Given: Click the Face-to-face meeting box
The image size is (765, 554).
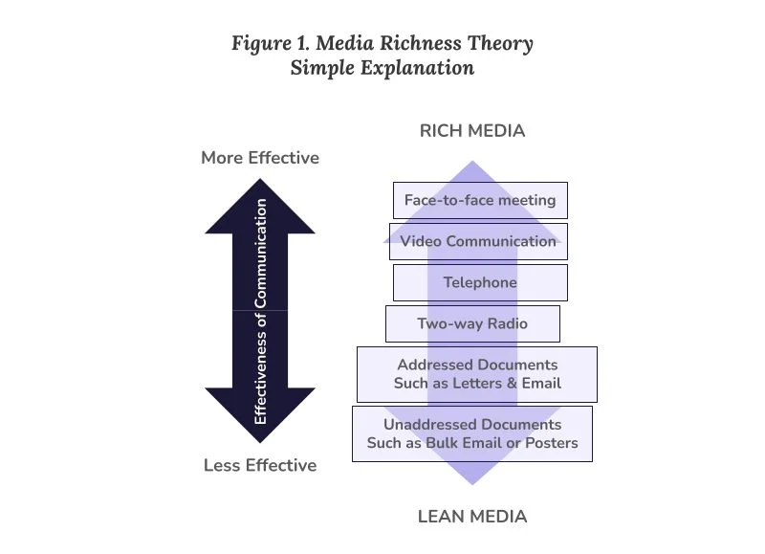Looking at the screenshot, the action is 480,200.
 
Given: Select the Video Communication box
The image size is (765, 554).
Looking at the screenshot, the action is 478,242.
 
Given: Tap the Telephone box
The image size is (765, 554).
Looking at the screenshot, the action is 480,282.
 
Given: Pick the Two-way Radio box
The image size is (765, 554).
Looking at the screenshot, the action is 472,323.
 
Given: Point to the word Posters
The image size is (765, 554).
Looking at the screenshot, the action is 552,443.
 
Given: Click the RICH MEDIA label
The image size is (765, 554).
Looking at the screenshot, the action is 472,131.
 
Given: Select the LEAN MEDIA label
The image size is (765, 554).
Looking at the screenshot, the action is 472,517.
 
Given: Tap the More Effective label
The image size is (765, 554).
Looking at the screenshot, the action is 260,158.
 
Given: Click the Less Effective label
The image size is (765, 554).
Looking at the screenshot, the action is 260,465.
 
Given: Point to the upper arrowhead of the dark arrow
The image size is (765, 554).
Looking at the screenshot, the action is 260,206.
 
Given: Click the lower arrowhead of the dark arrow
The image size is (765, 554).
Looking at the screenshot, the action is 260,415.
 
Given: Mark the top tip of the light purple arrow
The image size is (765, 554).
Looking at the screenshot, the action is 472,161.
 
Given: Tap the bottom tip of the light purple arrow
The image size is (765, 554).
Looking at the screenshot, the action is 472,485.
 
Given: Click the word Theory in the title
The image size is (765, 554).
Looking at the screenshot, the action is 500,44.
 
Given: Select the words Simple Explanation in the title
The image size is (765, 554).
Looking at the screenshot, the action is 382,68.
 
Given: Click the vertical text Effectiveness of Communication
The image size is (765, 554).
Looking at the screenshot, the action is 260,311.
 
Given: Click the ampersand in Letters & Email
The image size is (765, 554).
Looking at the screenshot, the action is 512,383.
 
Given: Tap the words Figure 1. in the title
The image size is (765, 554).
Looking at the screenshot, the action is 271,44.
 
